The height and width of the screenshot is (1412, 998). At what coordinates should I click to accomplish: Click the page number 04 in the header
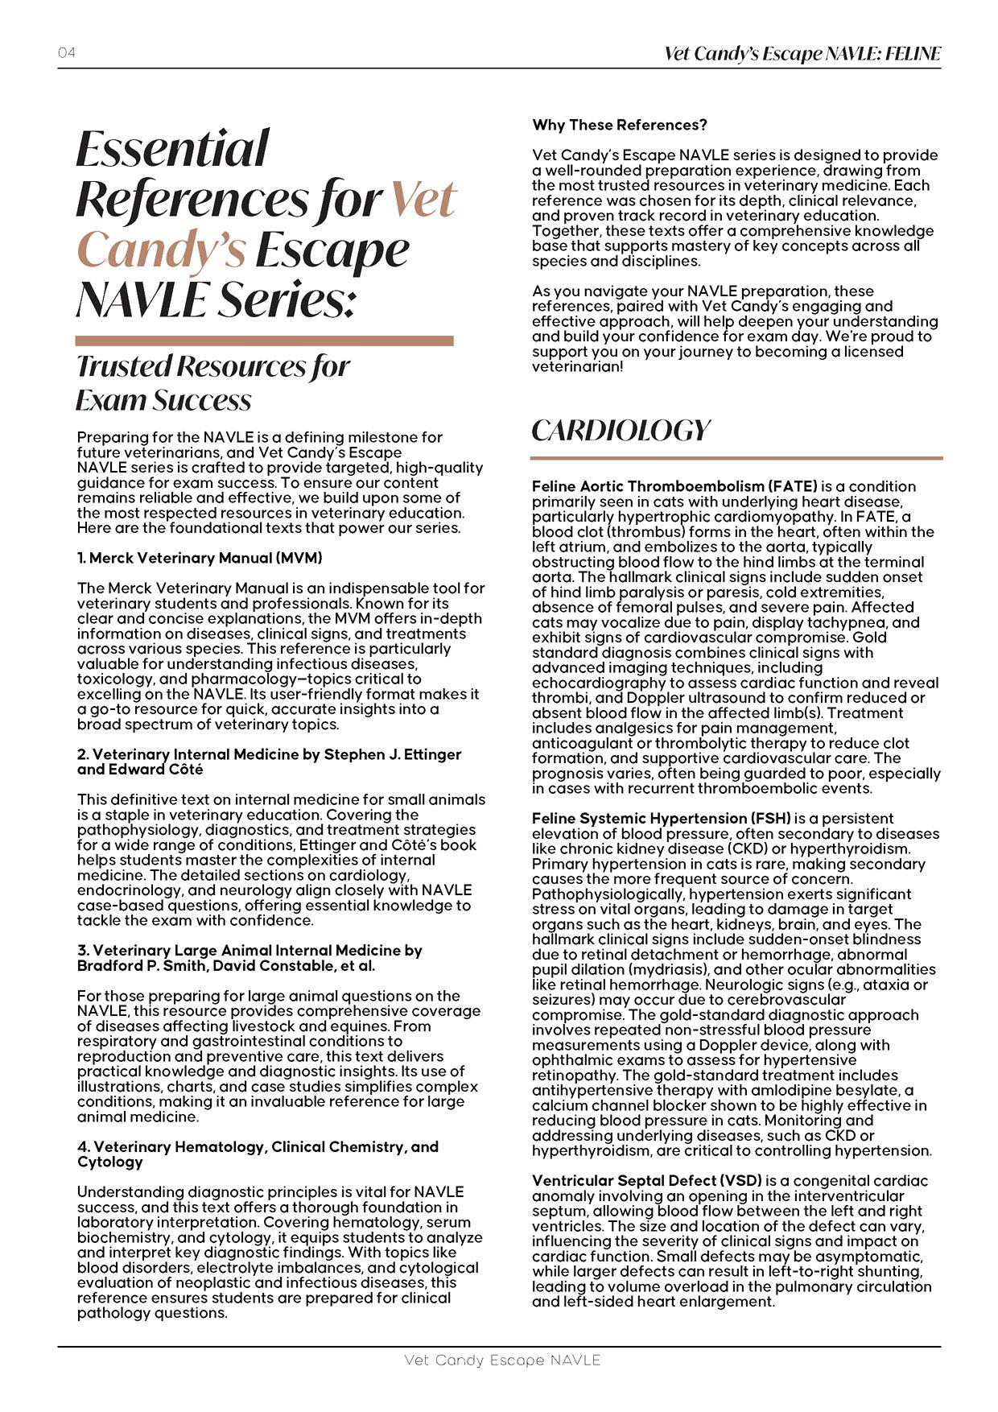(x=67, y=53)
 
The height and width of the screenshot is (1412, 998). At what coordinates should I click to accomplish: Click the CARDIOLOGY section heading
(x=621, y=431)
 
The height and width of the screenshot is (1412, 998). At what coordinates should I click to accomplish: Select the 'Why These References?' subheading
(x=619, y=125)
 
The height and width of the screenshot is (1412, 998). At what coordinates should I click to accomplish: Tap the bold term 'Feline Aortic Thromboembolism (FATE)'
(x=674, y=486)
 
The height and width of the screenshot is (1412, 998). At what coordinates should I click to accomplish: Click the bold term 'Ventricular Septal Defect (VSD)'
(x=646, y=1181)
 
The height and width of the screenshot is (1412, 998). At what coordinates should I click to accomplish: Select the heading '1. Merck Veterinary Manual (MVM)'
(x=200, y=558)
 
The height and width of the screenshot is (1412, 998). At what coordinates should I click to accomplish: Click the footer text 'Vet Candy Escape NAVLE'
(x=502, y=1360)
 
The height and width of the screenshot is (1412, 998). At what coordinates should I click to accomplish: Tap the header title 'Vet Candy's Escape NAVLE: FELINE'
(x=802, y=54)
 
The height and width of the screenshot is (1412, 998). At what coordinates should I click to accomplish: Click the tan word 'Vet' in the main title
(x=424, y=200)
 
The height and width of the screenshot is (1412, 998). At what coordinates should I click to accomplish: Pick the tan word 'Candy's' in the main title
(x=161, y=250)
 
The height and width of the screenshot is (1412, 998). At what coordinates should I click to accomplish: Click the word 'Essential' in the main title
(x=172, y=149)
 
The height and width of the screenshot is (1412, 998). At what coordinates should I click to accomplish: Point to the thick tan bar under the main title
(x=264, y=341)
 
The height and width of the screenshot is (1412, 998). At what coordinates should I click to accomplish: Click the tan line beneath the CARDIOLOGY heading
(x=736, y=458)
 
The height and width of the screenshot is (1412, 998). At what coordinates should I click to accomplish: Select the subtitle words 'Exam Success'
(x=163, y=400)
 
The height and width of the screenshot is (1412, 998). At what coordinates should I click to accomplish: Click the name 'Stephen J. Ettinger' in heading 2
(x=392, y=754)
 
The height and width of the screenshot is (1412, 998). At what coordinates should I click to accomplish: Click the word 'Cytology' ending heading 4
(x=110, y=1162)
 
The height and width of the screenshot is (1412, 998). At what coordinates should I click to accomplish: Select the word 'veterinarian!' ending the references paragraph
(x=577, y=367)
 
